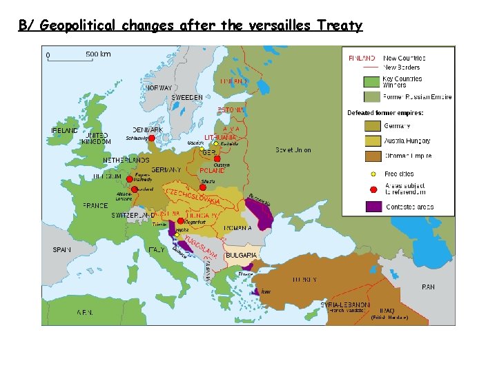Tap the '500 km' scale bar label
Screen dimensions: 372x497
(98, 54)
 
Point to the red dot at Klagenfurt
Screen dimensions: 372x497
(181, 220)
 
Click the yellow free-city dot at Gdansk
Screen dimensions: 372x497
(202, 148)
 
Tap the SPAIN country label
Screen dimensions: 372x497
(62, 249)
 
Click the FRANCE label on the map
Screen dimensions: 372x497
(95, 205)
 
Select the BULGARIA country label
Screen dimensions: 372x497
(241, 255)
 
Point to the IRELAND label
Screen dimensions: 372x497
(64, 130)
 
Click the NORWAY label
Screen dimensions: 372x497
(159, 88)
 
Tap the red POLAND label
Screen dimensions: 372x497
(212, 170)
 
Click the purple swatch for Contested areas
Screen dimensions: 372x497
(373, 205)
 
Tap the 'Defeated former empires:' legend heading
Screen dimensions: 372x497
(385, 112)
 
